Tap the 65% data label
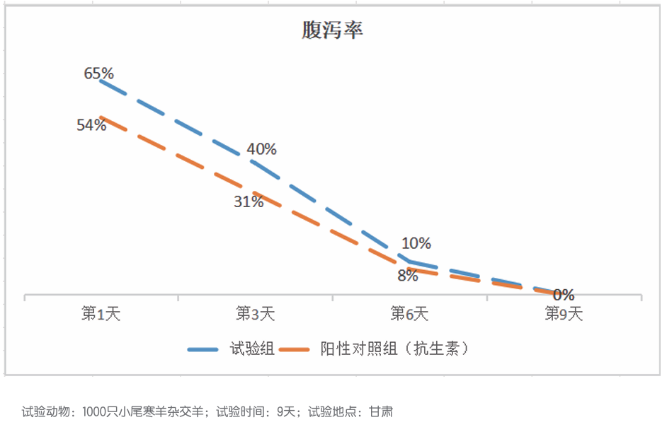tap(99, 73)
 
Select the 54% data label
tap(91, 125)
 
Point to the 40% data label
tap(262, 149)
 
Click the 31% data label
tap(249, 201)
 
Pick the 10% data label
tap(416, 243)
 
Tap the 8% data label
tap(407, 276)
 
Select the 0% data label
tap(564, 295)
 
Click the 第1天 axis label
tap(101, 314)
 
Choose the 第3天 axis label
tap(255, 314)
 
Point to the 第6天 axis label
tap(409, 314)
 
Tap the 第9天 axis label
tap(564, 314)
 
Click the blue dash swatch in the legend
tap(203, 349)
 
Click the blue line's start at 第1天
tap(101, 81)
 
